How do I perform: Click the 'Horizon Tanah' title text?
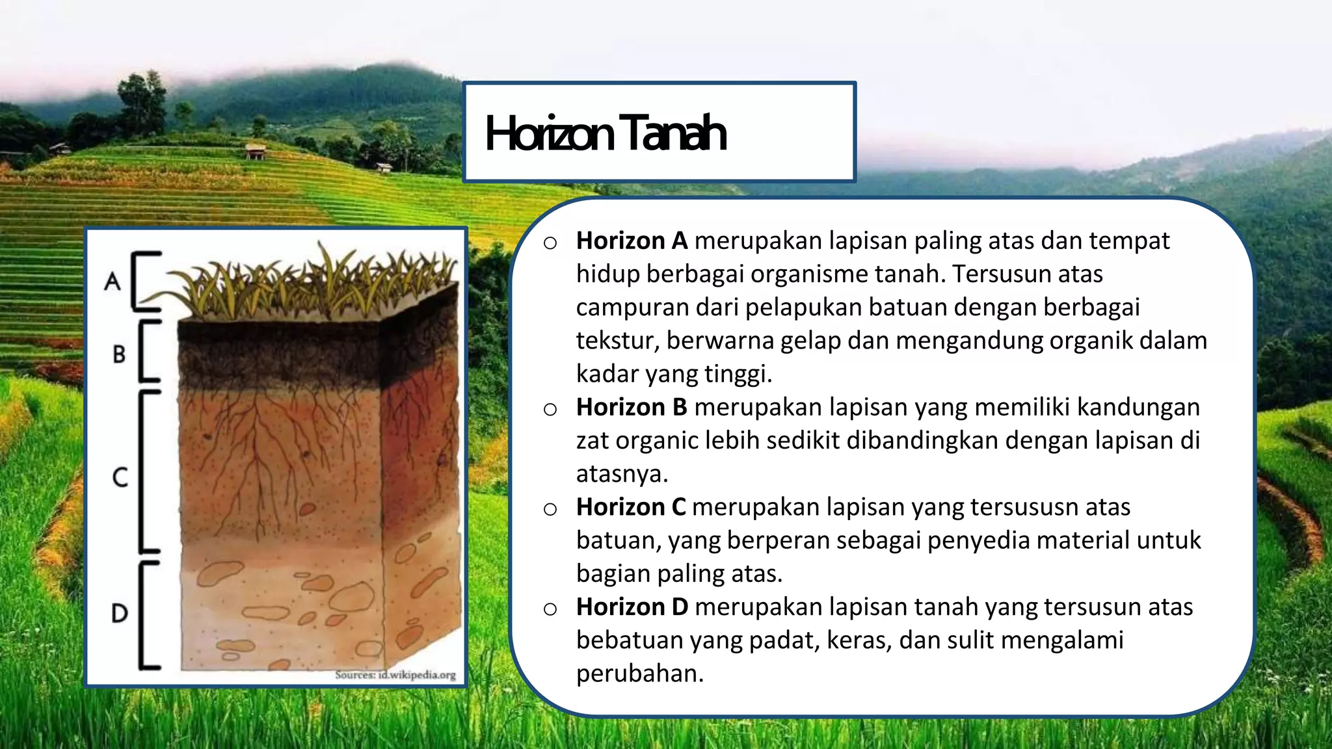(605, 133)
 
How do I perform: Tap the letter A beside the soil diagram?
(113, 282)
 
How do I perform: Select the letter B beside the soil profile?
(119, 354)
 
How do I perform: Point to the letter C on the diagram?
(120, 477)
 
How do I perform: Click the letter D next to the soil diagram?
(120, 613)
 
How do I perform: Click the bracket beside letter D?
(146, 614)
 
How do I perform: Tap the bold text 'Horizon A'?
(632, 241)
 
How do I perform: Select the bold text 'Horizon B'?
(632, 408)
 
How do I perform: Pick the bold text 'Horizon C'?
(631, 507)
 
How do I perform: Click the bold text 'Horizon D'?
(632, 607)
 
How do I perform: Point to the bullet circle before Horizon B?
(550, 410)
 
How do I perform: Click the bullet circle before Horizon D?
(550, 609)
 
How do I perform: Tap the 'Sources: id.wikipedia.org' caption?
(395, 675)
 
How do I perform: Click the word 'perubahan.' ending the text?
(640, 674)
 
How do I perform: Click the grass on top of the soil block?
(319, 283)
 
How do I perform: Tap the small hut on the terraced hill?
(255, 152)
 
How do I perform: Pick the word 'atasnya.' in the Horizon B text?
(622, 474)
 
